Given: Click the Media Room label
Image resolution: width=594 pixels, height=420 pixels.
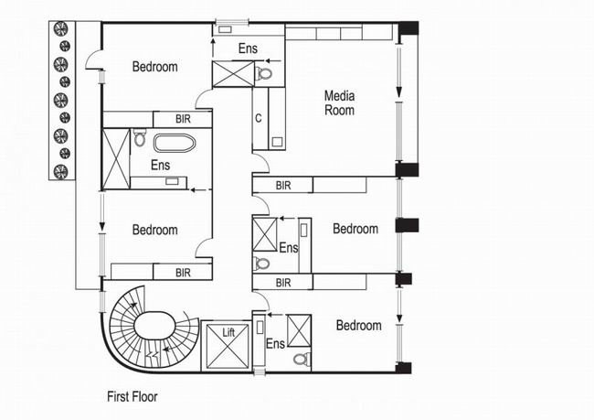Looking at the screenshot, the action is [339, 102].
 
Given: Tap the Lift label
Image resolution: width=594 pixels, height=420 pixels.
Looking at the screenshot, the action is [228, 333].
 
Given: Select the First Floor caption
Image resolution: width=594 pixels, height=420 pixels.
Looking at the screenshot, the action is [133, 397].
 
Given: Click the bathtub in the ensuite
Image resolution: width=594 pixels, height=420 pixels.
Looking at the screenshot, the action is [175, 143].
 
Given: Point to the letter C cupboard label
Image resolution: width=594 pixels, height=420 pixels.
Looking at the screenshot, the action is [259, 118].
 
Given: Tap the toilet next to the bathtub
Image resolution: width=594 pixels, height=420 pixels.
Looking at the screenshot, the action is [140, 138].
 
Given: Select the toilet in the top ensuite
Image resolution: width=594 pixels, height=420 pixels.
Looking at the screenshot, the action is [264, 73].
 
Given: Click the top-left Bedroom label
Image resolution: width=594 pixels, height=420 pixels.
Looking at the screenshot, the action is [155, 67].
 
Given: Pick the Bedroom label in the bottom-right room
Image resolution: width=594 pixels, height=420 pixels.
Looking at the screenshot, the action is [359, 326].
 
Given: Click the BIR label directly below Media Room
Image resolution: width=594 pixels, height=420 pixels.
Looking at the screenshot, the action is [283, 186].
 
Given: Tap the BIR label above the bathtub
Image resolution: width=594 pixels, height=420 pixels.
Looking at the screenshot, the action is [183, 119].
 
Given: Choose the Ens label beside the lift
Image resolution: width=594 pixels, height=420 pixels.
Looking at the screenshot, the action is [275, 344].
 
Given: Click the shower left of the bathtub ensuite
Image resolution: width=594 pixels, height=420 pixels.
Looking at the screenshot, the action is [116, 158].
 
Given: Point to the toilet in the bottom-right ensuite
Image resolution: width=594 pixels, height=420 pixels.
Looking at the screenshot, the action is [302, 359].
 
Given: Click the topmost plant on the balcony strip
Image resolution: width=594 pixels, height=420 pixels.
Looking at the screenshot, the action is [60, 29].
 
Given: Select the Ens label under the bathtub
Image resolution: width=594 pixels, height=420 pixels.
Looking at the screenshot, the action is [160, 165].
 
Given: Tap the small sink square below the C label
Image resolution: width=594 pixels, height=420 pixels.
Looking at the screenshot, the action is [277, 142].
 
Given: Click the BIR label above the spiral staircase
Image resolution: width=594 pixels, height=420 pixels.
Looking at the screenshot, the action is [183, 273].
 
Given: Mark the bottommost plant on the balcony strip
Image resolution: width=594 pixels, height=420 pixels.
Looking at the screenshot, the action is [60, 171].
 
